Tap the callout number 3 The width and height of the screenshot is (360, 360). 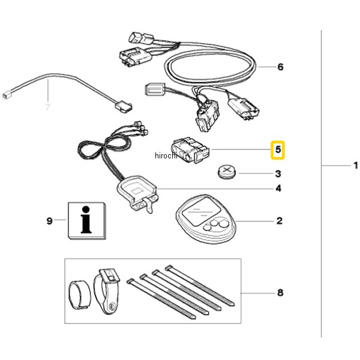[x=278, y=174]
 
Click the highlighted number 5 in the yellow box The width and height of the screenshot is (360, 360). [x=278, y=149]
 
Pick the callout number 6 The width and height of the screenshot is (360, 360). [x=280, y=67]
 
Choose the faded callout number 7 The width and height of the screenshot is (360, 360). [x=49, y=108]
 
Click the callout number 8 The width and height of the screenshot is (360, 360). [x=280, y=293]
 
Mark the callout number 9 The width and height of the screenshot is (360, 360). [x=50, y=221]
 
